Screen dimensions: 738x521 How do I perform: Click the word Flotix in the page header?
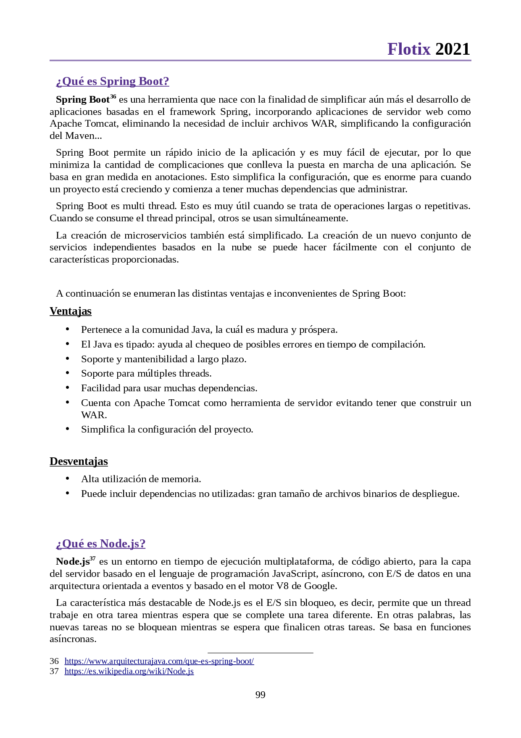point(409,49)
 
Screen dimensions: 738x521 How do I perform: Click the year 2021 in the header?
point(453,49)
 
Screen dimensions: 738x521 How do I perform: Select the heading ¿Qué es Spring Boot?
point(113,81)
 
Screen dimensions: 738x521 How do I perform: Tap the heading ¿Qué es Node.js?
point(101,544)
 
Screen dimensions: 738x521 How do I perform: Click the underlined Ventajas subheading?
point(71,311)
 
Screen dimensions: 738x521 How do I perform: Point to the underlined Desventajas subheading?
point(79,462)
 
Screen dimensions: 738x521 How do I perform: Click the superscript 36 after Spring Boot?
point(113,97)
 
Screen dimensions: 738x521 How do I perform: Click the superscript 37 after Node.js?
point(93,559)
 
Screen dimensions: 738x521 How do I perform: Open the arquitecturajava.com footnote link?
point(159,661)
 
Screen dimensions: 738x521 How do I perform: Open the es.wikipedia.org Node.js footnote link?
point(129,671)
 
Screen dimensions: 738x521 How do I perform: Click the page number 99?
point(260,695)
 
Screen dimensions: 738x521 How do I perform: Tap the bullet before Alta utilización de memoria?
point(67,478)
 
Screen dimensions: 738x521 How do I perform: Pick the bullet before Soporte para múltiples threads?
point(67,373)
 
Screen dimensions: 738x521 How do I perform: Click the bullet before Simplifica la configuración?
point(67,429)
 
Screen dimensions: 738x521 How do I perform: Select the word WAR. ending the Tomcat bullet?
point(94,415)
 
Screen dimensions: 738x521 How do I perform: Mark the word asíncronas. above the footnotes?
point(73,639)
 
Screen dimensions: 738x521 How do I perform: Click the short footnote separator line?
point(260,653)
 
